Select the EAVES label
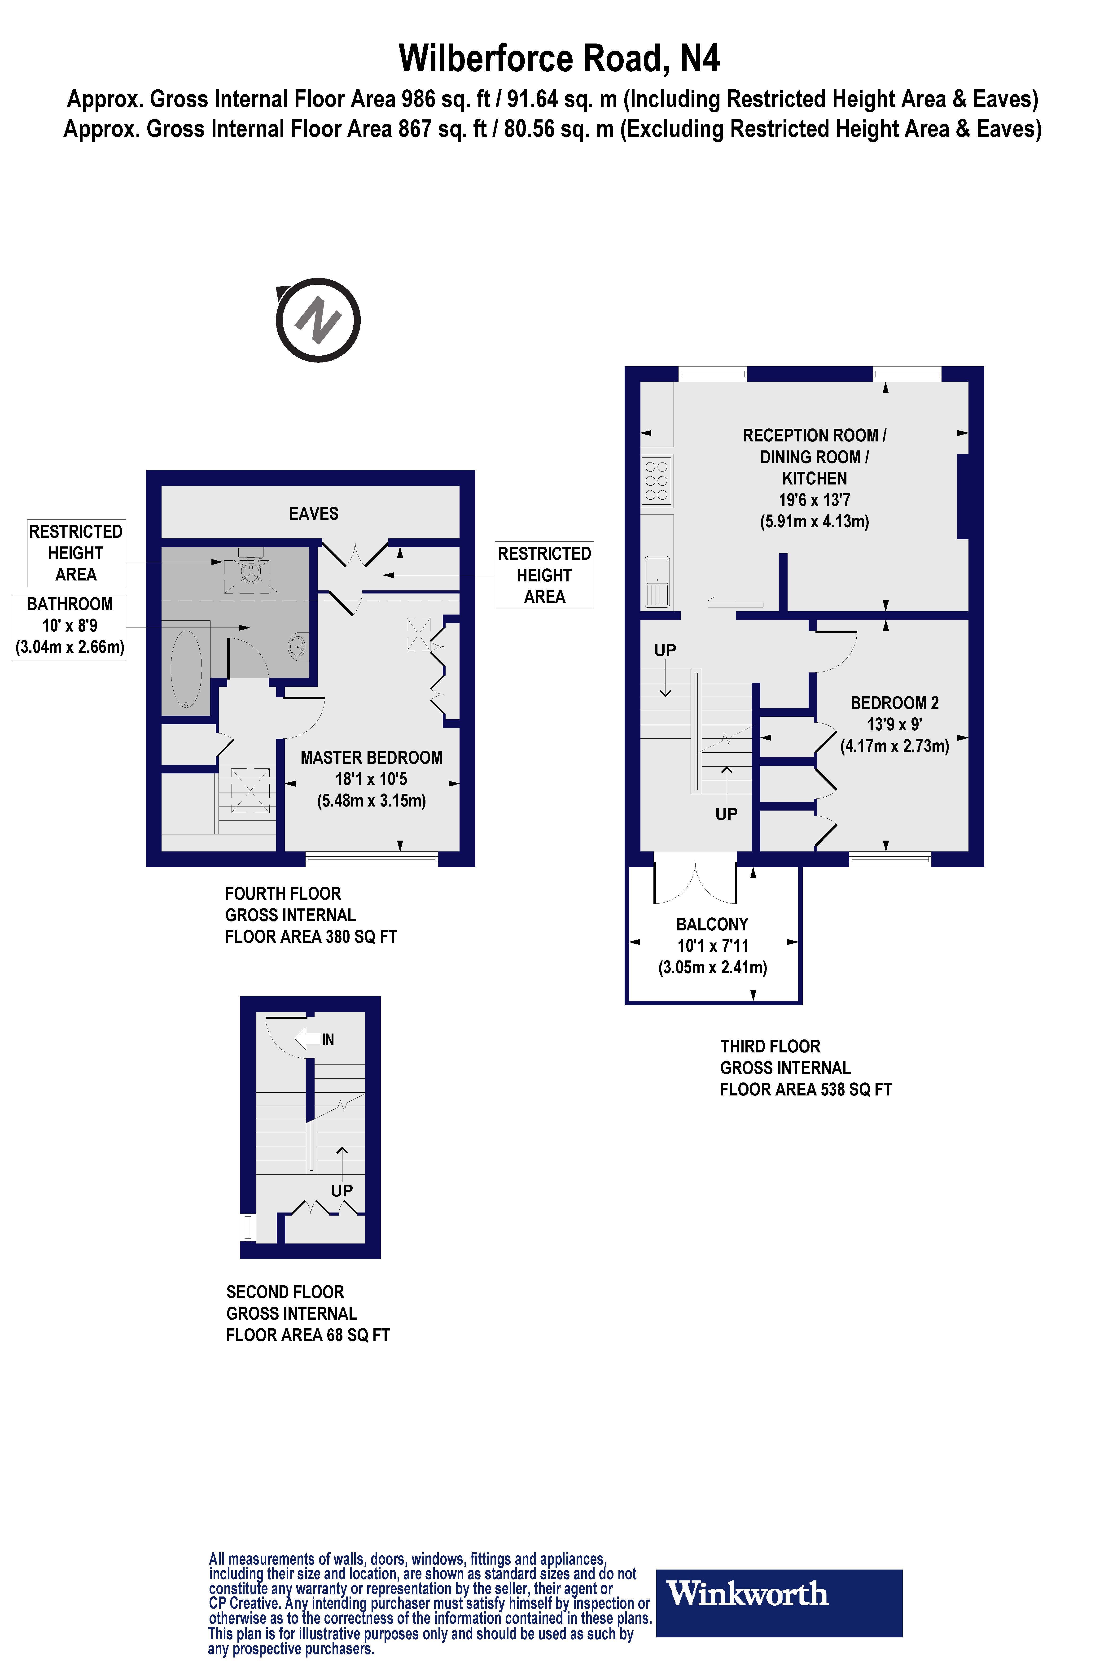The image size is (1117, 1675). pos(313,514)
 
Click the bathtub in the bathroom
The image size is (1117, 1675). pos(186,668)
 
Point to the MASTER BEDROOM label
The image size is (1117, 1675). pos(371,758)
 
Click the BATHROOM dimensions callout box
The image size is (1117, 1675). pos(70,626)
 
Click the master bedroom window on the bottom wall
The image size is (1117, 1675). pos(371,859)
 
